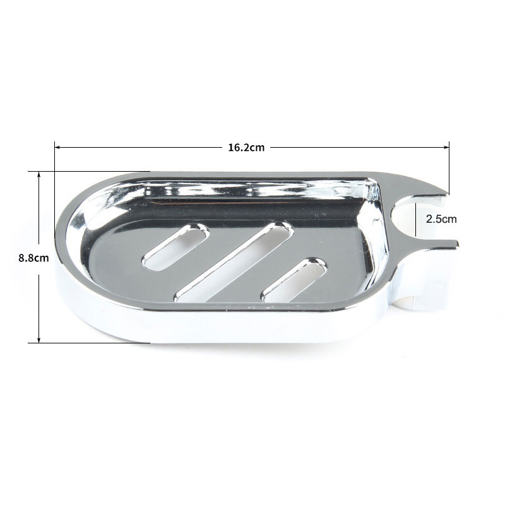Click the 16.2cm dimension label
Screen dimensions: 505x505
(246, 148)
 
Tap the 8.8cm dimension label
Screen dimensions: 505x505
(33, 258)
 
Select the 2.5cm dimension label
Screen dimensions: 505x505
(441, 219)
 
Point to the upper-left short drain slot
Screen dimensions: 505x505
(175, 246)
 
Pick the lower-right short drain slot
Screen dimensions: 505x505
(294, 279)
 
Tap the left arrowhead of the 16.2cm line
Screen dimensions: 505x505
(57, 148)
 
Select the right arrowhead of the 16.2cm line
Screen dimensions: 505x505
(446, 148)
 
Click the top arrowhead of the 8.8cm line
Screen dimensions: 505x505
(39, 175)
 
